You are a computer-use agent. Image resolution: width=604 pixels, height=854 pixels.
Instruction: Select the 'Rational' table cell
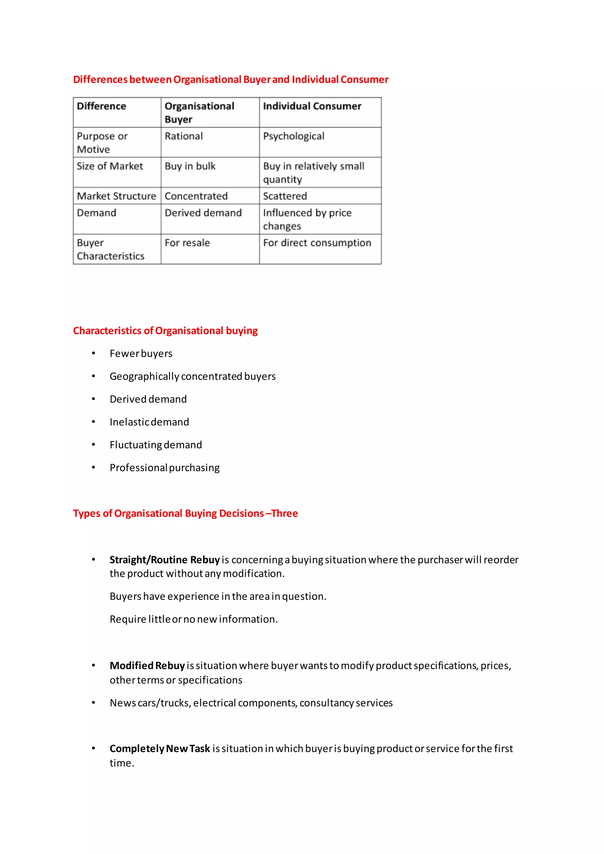tap(184, 136)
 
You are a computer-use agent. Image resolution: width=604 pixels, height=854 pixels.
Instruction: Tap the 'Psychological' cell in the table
tap(293, 136)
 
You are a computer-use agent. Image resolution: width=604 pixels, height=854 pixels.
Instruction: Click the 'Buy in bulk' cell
tap(190, 166)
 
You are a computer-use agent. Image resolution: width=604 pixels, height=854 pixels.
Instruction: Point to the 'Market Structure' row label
tap(116, 196)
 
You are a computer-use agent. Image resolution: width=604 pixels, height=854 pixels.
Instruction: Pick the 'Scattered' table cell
tap(285, 196)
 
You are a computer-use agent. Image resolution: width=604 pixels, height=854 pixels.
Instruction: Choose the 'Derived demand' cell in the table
tap(203, 213)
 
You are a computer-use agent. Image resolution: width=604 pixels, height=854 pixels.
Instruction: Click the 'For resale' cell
tap(187, 243)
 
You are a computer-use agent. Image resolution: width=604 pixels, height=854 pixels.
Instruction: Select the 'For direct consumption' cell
tap(317, 243)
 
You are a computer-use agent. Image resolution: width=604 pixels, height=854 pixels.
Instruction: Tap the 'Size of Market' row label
tap(110, 166)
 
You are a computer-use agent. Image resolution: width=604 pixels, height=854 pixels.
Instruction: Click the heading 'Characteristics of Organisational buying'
tap(165, 331)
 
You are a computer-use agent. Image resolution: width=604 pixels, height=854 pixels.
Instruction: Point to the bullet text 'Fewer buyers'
tap(141, 353)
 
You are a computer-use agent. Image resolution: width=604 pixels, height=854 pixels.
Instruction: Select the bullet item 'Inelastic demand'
tap(149, 422)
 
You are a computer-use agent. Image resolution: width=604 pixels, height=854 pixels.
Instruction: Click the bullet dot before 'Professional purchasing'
tap(93, 467)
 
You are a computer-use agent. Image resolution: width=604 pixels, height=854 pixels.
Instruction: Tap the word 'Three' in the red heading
tap(285, 513)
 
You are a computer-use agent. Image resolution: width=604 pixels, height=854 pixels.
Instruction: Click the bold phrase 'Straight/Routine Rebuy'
tap(164, 560)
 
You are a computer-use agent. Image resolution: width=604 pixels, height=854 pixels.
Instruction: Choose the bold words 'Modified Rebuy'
tap(147, 666)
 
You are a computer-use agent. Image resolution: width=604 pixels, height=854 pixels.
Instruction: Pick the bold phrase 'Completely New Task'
tap(160, 748)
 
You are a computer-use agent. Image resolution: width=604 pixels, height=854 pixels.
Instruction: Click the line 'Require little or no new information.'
tap(193, 619)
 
